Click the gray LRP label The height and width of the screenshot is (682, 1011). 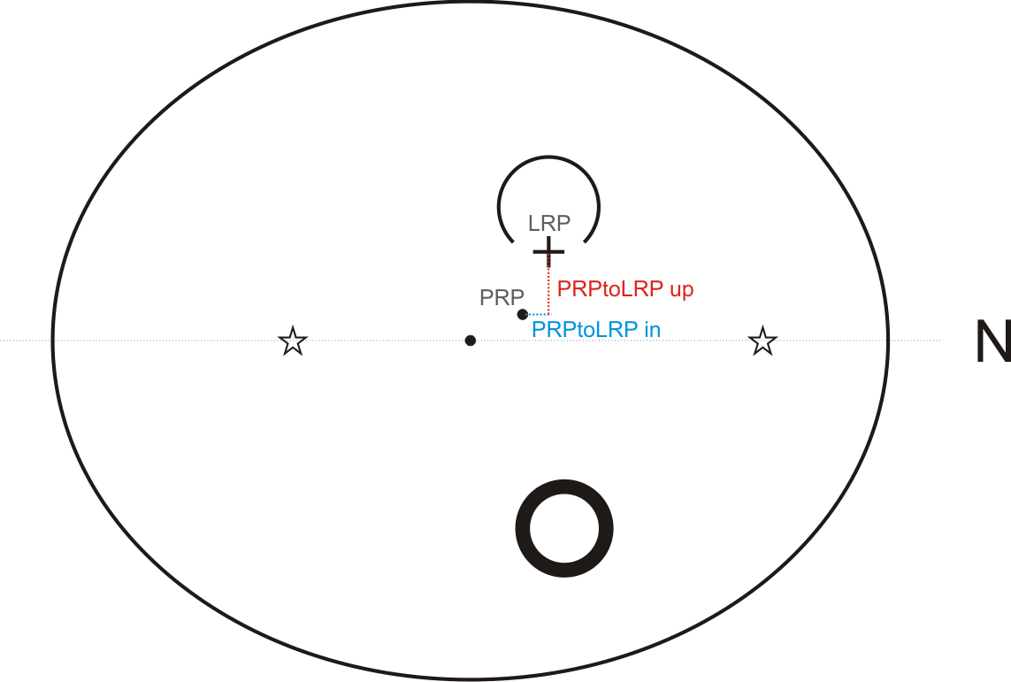point(548,224)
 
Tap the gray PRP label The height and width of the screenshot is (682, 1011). point(502,298)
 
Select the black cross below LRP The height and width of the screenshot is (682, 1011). point(548,252)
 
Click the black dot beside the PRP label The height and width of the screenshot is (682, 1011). point(523,314)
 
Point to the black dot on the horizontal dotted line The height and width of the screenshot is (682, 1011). point(471,341)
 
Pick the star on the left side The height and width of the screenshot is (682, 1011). point(293,341)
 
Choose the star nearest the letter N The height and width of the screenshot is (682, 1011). point(762,341)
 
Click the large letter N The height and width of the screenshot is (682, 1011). point(992,342)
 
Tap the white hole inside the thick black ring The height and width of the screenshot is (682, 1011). point(564,528)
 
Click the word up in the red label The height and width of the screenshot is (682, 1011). point(681,289)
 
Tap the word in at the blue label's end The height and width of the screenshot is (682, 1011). point(653,330)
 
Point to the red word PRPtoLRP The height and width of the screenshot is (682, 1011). point(610,289)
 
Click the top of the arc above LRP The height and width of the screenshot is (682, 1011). point(548,157)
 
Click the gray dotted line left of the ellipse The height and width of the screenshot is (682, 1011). point(27,341)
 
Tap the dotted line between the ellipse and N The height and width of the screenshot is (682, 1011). point(915,341)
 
